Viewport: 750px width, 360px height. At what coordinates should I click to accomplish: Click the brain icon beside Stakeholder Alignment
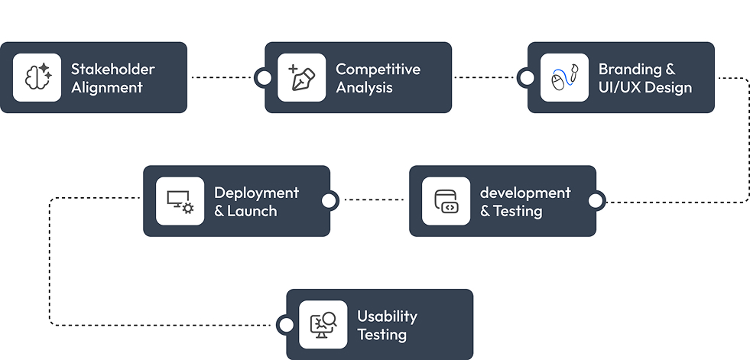[37, 76]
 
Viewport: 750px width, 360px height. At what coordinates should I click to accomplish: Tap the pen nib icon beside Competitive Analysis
[302, 77]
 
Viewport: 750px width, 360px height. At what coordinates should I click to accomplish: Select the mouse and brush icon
[564, 77]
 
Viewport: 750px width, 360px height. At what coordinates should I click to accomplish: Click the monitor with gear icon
[180, 201]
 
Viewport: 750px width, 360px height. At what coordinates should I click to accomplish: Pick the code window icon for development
[446, 201]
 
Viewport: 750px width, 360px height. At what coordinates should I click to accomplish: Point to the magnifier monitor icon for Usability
[323, 325]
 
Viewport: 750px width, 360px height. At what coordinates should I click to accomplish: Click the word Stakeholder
[113, 69]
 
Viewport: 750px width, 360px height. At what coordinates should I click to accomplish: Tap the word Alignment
[107, 87]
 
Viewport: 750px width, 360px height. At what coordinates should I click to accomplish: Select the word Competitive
[378, 70]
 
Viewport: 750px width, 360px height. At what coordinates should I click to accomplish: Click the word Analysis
[364, 87]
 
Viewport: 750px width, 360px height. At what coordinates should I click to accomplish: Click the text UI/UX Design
[645, 87]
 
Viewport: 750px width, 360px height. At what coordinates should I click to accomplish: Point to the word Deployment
[256, 193]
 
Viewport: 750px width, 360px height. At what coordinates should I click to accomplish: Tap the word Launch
[252, 211]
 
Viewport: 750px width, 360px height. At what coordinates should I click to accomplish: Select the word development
[525, 193]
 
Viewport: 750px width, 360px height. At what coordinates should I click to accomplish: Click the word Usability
[387, 316]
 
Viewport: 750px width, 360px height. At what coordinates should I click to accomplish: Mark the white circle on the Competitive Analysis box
[264, 77]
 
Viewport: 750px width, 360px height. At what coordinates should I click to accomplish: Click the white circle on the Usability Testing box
[286, 325]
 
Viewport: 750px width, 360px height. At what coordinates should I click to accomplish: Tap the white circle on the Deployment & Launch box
[330, 201]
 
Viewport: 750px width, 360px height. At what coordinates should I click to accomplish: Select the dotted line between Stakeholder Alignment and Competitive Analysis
[222, 77]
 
